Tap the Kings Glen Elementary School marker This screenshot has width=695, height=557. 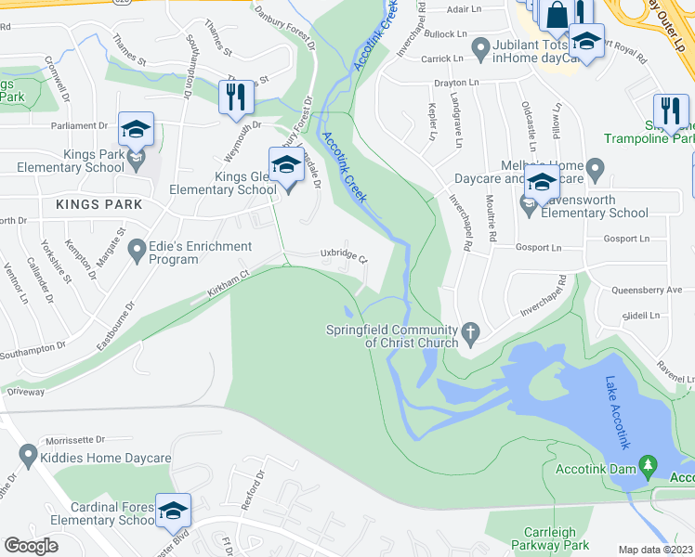click(286, 166)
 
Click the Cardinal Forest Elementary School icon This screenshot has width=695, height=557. click(173, 512)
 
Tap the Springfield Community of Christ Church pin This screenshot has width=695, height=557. click(471, 331)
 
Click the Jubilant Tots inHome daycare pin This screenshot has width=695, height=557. click(480, 46)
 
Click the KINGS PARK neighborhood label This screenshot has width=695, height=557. click(98, 204)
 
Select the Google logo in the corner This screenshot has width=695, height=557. click(32, 545)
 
